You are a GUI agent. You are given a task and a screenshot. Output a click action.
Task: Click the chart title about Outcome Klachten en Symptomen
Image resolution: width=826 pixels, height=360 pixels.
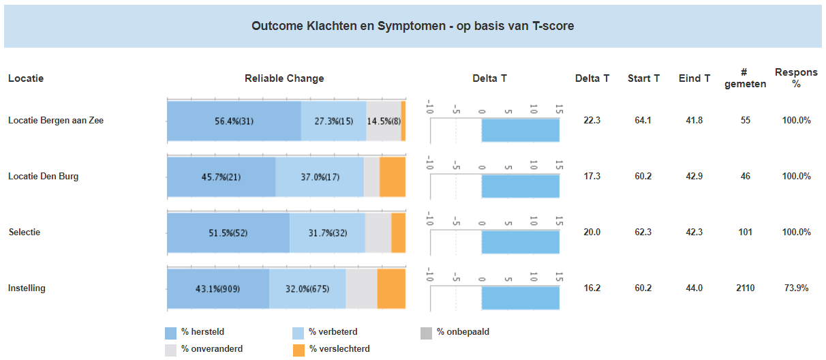(x=412, y=26)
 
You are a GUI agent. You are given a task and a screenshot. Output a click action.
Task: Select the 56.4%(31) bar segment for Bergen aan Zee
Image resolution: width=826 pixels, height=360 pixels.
(x=234, y=121)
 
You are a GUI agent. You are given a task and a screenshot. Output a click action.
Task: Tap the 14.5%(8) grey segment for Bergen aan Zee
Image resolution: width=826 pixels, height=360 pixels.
(x=384, y=121)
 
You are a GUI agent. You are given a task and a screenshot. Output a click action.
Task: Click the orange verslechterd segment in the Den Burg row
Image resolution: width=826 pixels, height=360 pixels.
(x=392, y=177)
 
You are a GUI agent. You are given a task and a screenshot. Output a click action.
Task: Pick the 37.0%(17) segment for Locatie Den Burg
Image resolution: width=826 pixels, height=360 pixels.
(x=320, y=177)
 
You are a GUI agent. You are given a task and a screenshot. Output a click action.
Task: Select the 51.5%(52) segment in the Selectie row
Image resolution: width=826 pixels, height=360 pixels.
(x=228, y=232)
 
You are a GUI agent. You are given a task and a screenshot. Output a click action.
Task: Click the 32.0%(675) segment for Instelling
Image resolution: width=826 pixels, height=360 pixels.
(x=307, y=288)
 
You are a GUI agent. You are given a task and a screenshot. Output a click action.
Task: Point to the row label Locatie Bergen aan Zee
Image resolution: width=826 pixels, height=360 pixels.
(x=56, y=121)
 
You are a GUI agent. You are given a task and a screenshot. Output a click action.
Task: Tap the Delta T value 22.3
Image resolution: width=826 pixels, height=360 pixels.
(x=592, y=121)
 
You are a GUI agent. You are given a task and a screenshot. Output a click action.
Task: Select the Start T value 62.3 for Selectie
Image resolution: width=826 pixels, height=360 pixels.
(x=643, y=232)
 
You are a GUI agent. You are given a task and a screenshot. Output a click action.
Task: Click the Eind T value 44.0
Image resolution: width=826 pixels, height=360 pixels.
(x=694, y=288)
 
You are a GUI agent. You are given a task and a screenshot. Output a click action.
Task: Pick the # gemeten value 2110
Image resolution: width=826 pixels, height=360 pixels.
(x=745, y=288)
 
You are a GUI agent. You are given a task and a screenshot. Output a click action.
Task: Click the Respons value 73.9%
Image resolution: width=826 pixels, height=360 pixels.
(x=796, y=288)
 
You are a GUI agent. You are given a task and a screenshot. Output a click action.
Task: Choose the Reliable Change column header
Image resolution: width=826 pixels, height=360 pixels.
(x=284, y=78)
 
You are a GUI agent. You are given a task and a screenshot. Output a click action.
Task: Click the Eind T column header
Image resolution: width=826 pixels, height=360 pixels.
(x=694, y=78)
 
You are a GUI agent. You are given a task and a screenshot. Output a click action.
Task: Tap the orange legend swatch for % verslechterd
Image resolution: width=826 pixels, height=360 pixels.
(x=299, y=350)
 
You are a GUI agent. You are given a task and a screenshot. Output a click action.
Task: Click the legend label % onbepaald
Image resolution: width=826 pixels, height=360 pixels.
(x=463, y=332)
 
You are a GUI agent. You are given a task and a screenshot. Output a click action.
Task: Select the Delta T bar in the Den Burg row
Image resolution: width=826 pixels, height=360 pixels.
(x=520, y=185)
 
